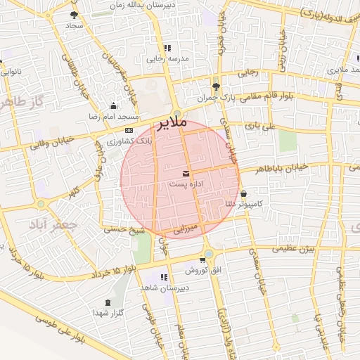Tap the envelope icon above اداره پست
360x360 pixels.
(186, 173)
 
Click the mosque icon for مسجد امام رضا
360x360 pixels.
(114, 106)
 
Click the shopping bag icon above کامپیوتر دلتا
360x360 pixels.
(243, 194)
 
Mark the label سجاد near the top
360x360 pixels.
(75, 25)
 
